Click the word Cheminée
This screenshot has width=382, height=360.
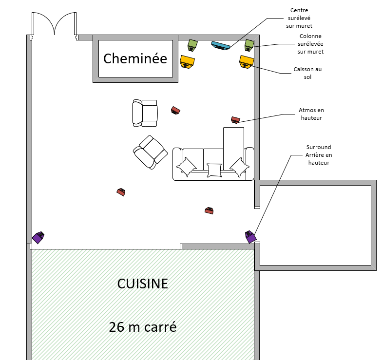(x=135, y=59)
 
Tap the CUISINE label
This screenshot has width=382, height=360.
(x=143, y=284)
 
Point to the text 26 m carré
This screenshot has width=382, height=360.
(x=142, y=327)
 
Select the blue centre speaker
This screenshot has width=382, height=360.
(x=221, y=46)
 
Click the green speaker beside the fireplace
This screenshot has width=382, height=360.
(x=192, y=44)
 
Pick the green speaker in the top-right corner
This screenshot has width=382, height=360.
(x=249, y=44)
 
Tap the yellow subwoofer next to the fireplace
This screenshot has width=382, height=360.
(x=187, y=62)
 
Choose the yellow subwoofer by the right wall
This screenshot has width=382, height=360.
(x=247, y=61)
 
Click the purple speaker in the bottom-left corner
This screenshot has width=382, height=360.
(x=38, y=237)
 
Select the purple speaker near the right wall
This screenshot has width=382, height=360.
(x=250, y=237)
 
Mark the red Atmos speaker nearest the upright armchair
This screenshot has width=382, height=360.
(x=175, y=110)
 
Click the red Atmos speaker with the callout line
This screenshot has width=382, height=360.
(x=236, y=119)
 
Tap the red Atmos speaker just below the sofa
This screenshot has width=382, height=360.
(x=209, y=210)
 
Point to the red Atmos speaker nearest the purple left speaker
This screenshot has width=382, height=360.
(x=121, y=192)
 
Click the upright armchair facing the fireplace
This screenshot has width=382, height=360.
(x=145, y=113)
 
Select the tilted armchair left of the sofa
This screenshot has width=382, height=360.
(x=151, y=152)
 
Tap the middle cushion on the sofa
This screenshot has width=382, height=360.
(x=214, y=170)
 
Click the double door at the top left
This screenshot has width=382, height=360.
(x=54, y=24)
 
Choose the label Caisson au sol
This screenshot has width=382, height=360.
(x=307, y=73)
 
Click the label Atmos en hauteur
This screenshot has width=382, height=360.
(x=310, y=114)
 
